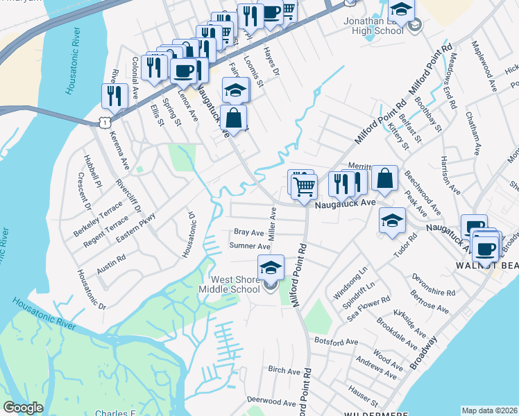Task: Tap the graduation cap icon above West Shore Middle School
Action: point(271,267)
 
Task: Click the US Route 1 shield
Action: point(103,122)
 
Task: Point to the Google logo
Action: point(23,408)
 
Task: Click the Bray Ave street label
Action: point(248,232)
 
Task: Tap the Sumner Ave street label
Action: point(249,246)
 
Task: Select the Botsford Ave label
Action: point(336,342)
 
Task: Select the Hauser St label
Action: point(364,397)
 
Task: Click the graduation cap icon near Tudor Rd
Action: point(392,220)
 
